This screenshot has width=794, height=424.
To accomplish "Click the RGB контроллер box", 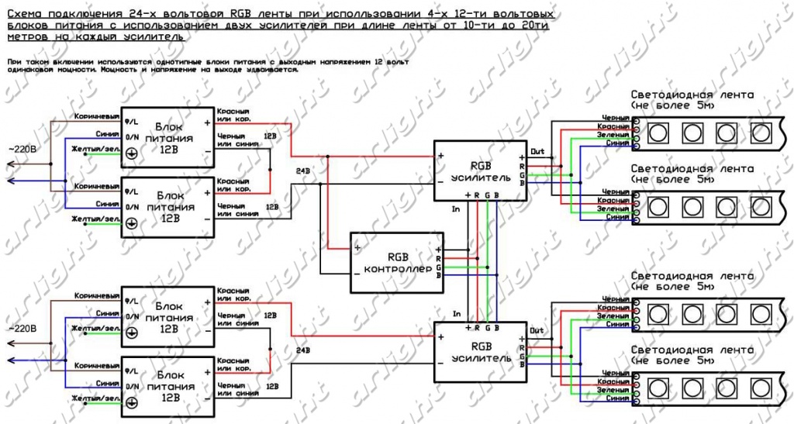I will [x=396, y=262].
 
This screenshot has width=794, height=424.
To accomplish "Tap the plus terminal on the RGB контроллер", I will [x=357, y=248].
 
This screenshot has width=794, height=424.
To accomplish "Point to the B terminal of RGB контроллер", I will [x=439, y=275].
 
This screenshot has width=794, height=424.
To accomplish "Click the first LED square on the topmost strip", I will [x=658, y=131].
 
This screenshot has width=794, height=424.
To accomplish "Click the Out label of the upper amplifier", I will [x=537, y=151].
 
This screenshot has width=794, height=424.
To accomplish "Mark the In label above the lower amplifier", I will [x=457, y=313].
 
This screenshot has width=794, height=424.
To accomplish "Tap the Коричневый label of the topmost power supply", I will [x=97, y=115].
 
